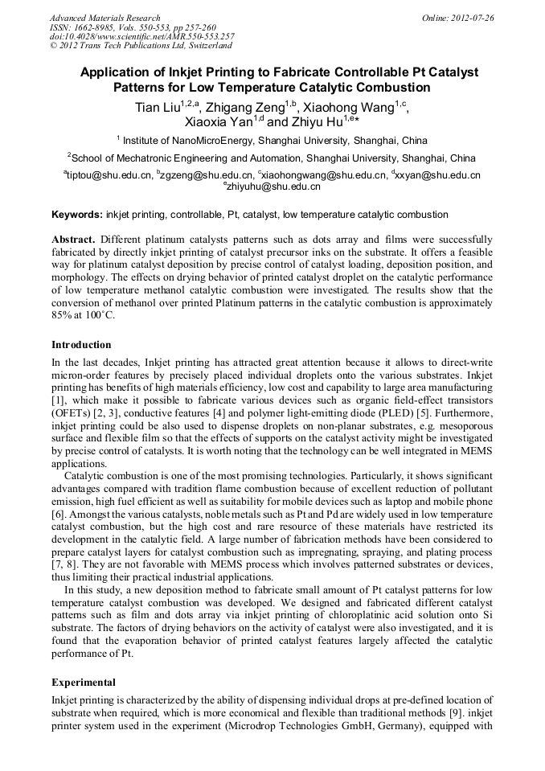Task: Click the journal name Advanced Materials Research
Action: pos(104,18)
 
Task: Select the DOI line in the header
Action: pos(141,36)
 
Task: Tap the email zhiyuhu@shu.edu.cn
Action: pos(272,187)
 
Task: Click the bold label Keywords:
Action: pos(77,215)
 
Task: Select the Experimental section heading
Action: pos(84,682)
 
